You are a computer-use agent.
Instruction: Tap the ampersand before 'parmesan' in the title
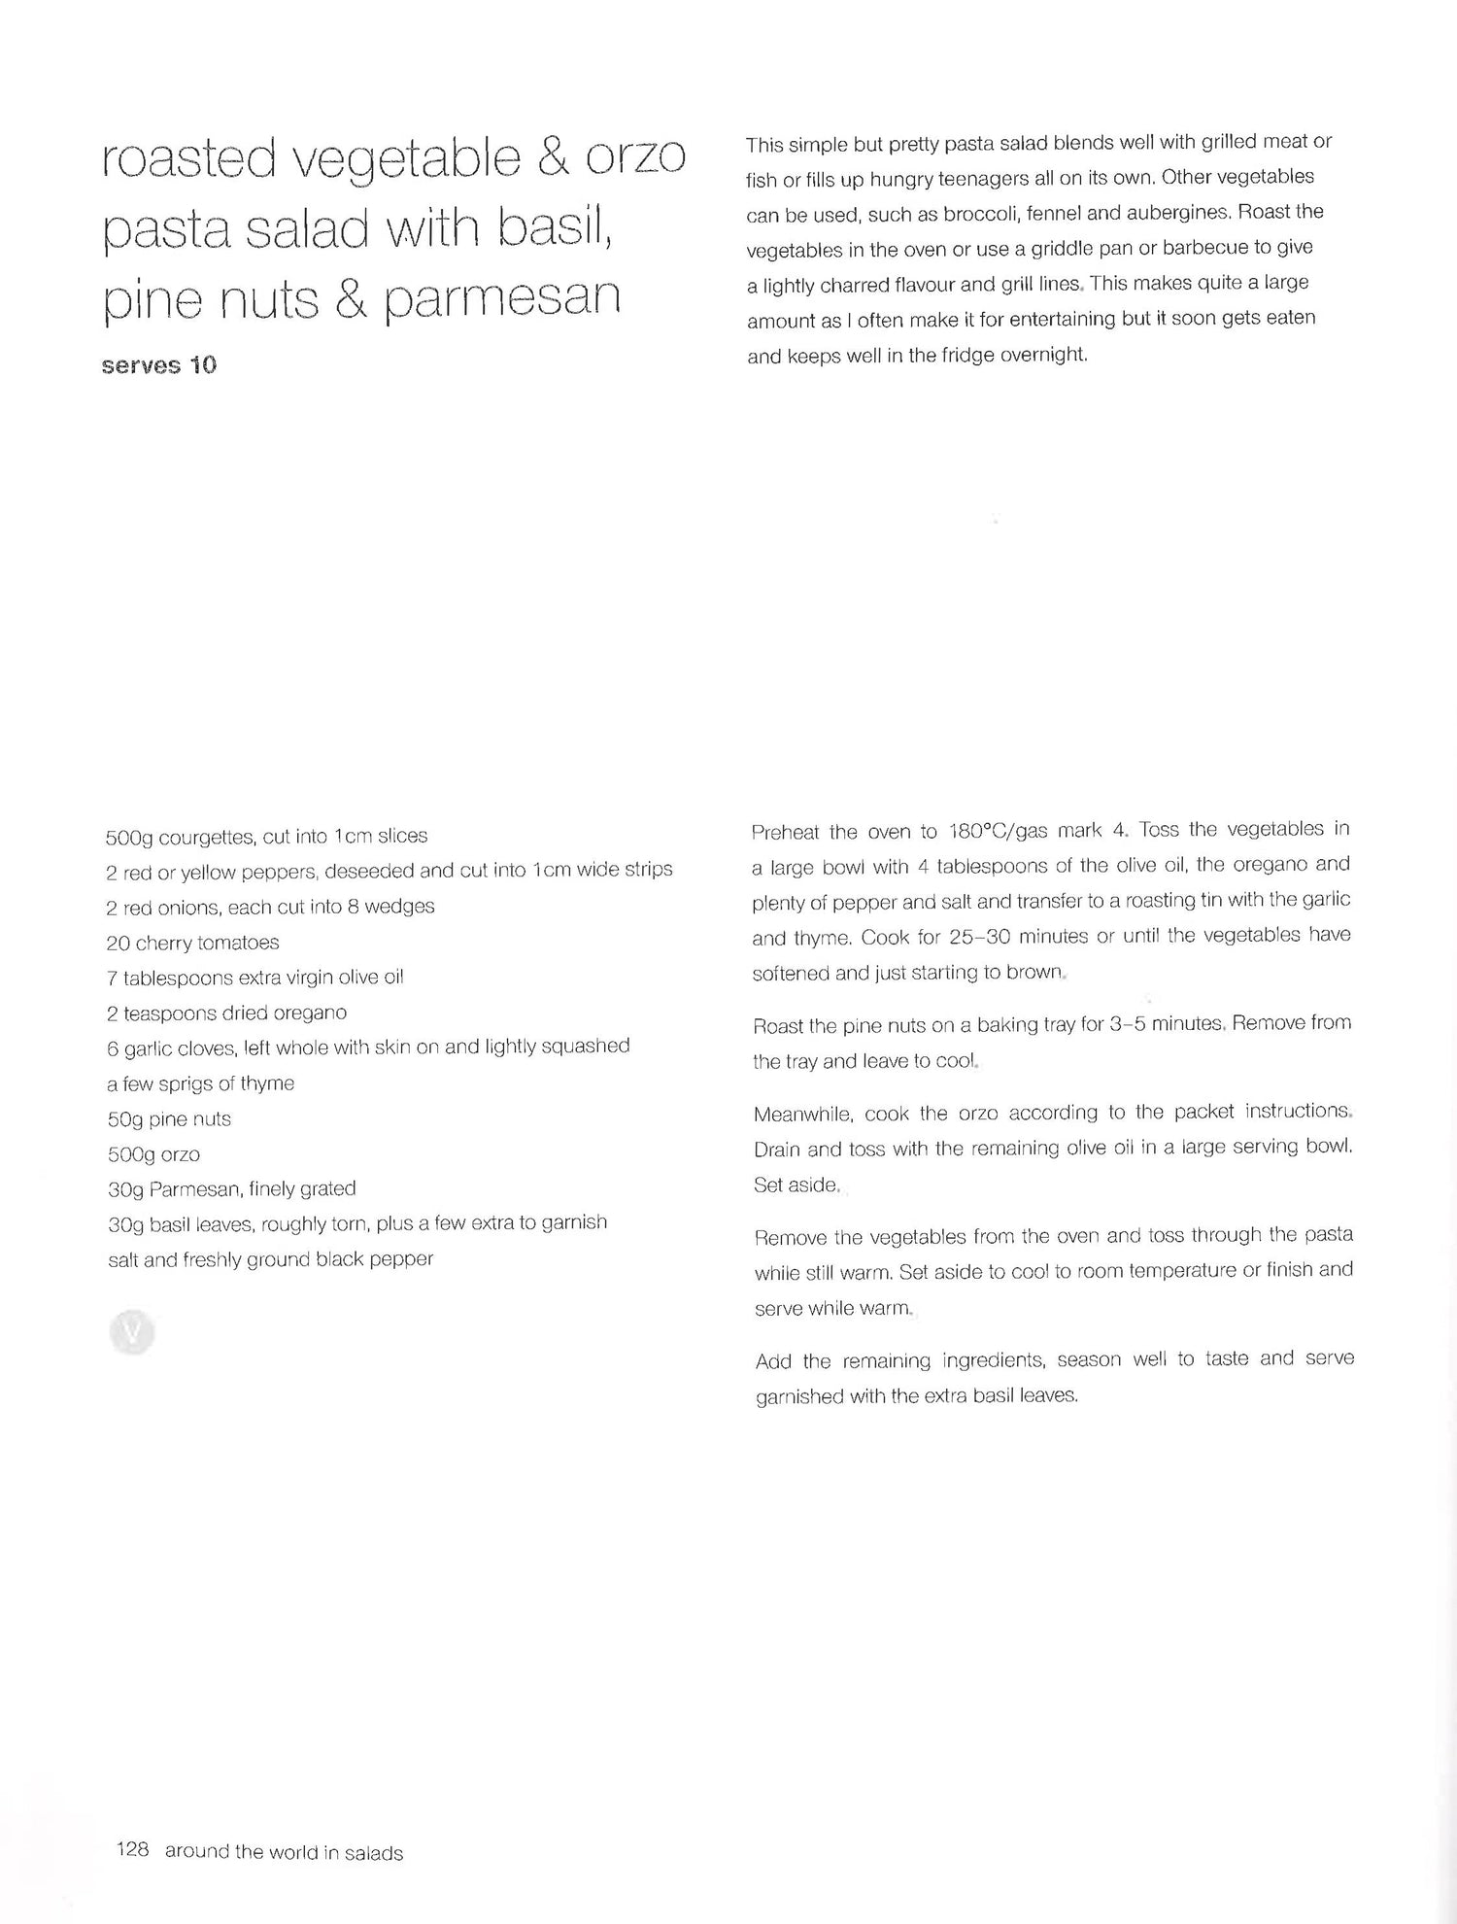350,297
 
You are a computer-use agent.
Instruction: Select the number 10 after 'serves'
202,365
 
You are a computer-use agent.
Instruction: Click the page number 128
132,1850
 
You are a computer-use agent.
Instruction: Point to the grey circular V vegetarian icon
133,1332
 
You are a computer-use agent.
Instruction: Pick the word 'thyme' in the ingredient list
267,1083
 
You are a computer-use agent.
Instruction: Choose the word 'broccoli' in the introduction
981,214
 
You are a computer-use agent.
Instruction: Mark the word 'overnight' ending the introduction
1042,355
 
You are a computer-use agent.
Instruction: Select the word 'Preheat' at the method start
784,833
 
